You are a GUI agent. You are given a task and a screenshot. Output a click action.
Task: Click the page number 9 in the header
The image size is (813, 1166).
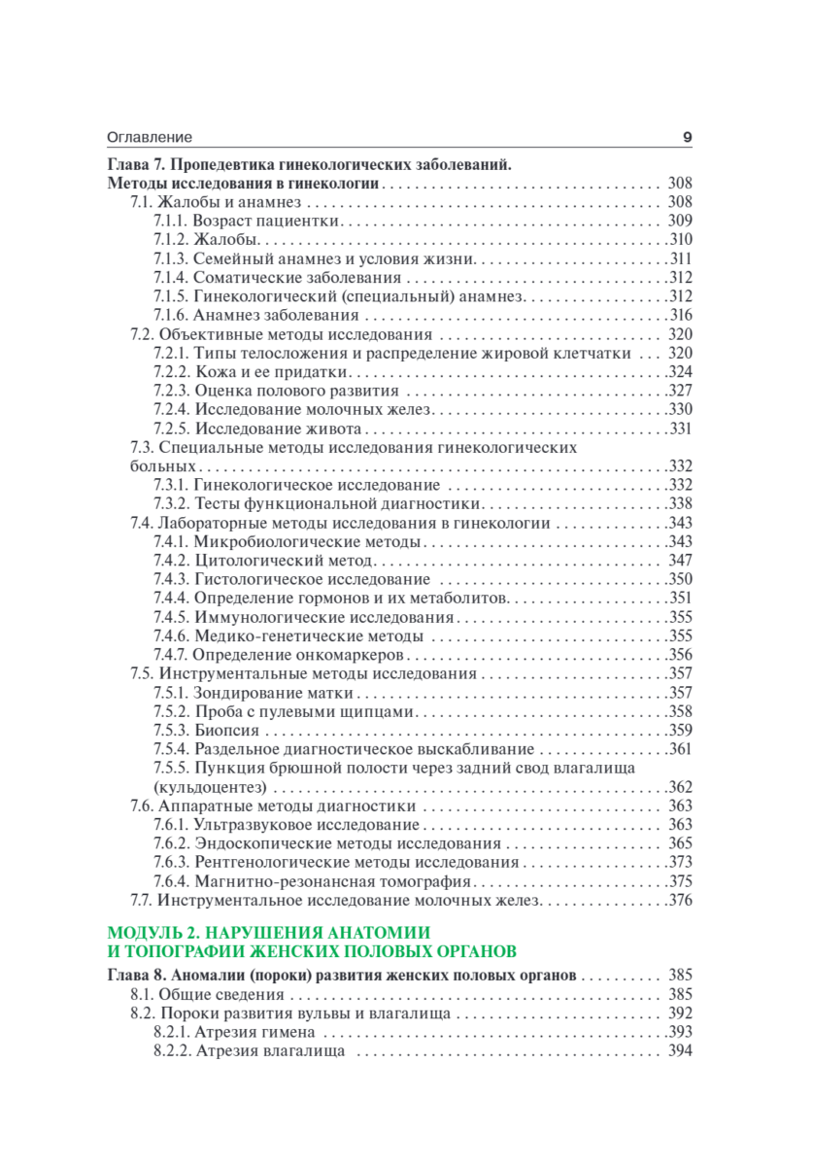click(687, 138)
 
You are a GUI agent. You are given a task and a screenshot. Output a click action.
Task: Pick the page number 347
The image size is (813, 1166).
click(679, 561)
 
